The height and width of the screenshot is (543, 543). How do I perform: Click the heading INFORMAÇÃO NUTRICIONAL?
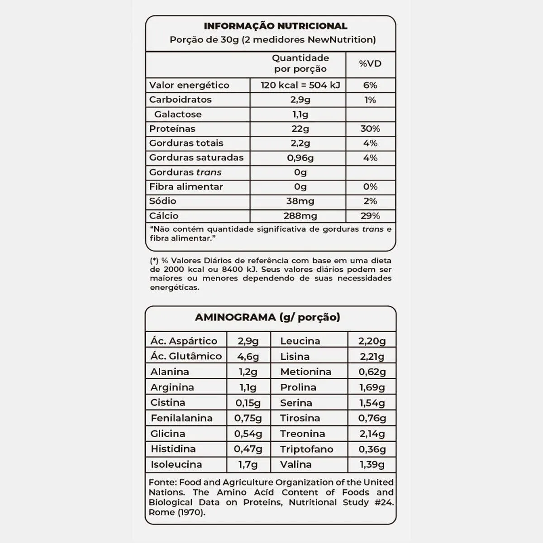(x=275, y=26)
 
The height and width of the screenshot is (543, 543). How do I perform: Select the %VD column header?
(x=370, y=64)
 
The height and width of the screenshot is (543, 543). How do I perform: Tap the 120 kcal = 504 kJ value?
(x=300, y=85)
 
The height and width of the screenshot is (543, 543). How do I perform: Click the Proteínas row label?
(x=172, y=129)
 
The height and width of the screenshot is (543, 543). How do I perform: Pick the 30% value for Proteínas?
(x=370, y=129)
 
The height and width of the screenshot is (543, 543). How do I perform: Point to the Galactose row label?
(x=178, y=114)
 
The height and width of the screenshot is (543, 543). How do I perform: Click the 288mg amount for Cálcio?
(x=300, y=216)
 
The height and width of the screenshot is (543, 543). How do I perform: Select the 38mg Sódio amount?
(x=300, y=201)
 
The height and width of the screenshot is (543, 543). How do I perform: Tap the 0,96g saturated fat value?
(x=300, y=157)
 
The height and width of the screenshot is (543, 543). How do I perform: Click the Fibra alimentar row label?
(x=186, y=186)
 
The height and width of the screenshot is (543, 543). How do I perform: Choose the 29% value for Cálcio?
(x=370, y=216)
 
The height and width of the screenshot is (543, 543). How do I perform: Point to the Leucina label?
(x=300, y=341)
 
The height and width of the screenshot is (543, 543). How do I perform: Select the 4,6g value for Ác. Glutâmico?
(x=248, y=357)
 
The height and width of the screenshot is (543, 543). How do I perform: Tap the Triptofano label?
(x=306, y=449)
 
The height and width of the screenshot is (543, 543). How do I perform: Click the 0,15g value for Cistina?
(x=248, y=403)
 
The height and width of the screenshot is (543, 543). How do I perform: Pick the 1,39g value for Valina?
(x=372, y=465)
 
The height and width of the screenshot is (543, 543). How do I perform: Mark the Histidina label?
(x=173, y=449)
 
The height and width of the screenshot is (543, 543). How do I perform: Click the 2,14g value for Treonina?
(x=372, y=434)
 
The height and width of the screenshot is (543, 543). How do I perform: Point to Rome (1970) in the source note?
(x=176, y=512)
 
